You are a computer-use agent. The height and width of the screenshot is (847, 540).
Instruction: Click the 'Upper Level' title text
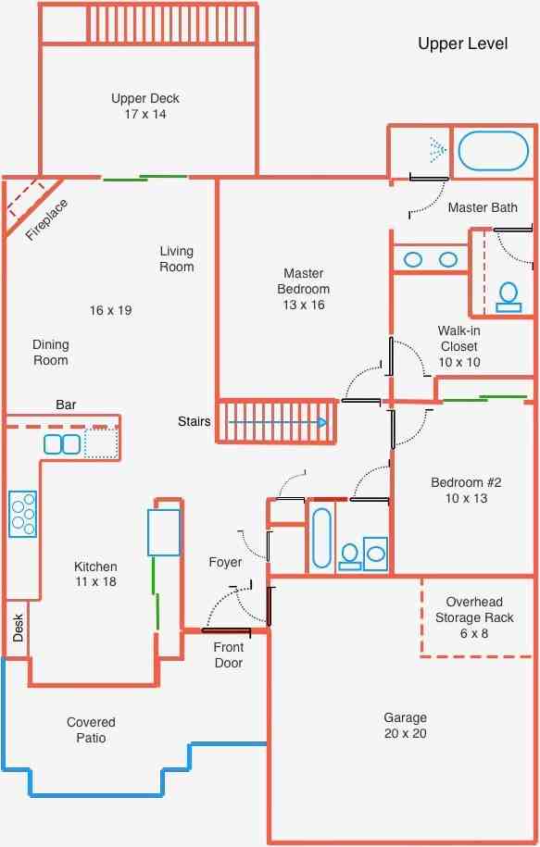pyautogui.click(x=463, y=44)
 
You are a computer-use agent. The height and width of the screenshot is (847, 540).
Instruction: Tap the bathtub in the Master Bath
pyautogui.click(x=493, y=151)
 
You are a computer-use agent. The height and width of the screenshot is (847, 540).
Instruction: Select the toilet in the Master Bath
pyautogui.click(x=509, y=298)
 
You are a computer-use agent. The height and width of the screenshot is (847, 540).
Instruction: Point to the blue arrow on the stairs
pyautogui.click(x=278, y=422)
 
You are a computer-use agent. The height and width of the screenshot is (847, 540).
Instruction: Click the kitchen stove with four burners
pyautogui.click(x=23, y=514)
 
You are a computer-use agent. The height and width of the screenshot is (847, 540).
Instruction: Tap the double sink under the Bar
pyautogui.click(x=62, y=444)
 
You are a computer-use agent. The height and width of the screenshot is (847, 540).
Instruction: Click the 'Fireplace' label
pyautogui.click(x=47, y=220)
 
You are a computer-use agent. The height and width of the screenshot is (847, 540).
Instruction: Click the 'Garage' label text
pyautogui.click(x=406, y=717)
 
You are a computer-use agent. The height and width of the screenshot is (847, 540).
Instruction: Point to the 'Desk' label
pyautogui.click(x=18, y=628)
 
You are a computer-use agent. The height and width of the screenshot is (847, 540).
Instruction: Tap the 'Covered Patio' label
pyautogui.click(x=91, y=729)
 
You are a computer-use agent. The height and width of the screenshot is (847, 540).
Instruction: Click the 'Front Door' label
pyautogui.click(x=229, y=654)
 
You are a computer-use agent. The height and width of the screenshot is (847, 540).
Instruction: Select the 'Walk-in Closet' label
pyautogui.click(x=458, y=338)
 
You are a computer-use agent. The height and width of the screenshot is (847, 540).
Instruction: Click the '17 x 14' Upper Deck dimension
pyautogui.click(x=145, y=114)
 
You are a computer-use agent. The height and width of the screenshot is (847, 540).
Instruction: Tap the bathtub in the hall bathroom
pyautogui.click(x=321, y=538)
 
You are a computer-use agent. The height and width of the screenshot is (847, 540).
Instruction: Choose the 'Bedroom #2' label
pyautogui.click(x=466, y=482)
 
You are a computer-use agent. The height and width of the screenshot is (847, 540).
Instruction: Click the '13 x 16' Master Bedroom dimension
pyautogui.click(x=304, y=305)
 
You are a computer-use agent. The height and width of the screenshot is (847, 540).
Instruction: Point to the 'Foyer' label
pyautogui.click(x=225, y=562)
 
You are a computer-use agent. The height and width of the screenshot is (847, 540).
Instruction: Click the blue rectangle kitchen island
pyautogui.click(x=164, y=532)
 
